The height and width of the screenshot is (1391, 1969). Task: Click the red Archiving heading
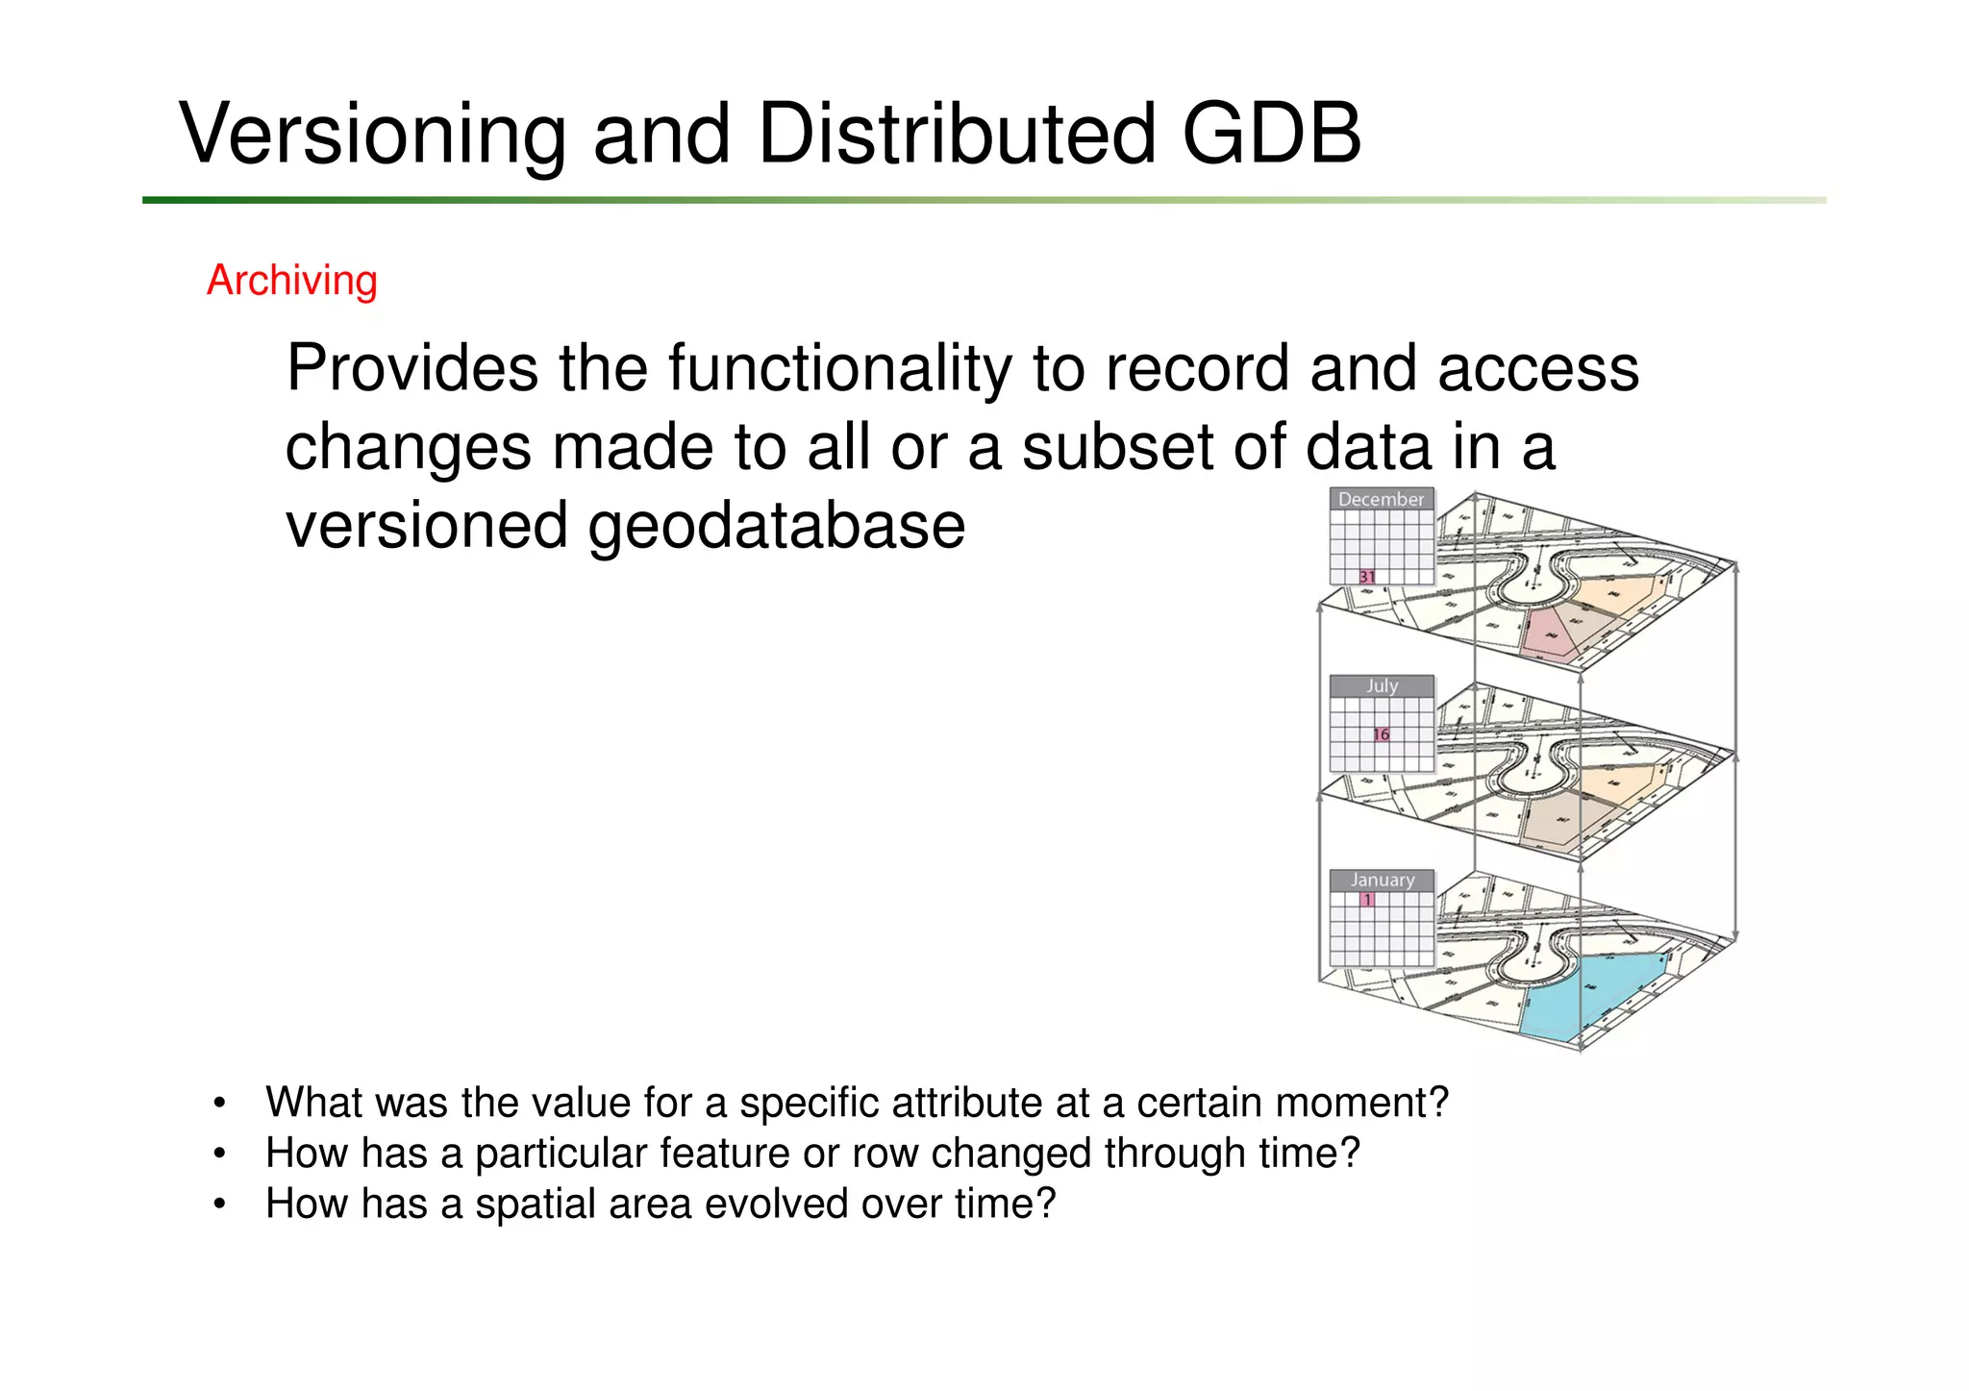coord(292,281)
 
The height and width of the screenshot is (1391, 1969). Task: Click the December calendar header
coord(1381,499)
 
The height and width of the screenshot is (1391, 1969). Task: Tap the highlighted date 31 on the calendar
coord(1366,577)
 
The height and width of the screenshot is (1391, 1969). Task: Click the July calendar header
coord(1382,685)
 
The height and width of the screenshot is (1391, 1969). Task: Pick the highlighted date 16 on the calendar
coord(1381,734)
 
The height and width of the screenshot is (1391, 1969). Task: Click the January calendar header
coord(1382,880)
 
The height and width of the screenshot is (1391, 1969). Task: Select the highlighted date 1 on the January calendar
coord(1367,900)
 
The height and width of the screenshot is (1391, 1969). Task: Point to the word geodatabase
coord(776,527)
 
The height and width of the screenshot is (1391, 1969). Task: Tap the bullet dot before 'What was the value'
coord(220,1104)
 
